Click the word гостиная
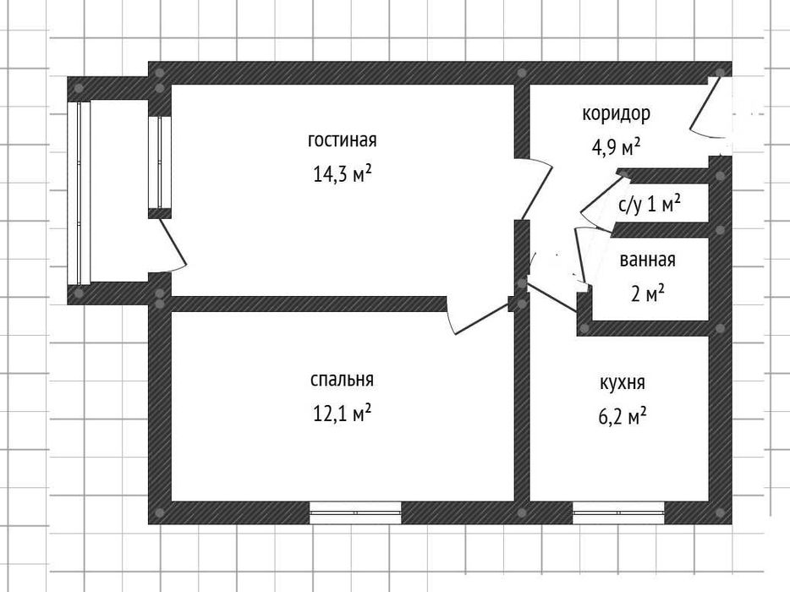coord(342,140)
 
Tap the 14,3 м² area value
coord(342,174)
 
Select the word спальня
coord(342,380)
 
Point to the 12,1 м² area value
coord(342,414)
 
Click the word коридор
coord(616,114)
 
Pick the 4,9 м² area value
coord(616,148)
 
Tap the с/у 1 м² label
coord(650,205)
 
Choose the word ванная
coord(647,260)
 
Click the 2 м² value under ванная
coord(647,293)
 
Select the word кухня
coord(623,383)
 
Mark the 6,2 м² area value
coord(623,417)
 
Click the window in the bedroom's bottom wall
coord(355,513)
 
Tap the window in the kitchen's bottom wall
coord(618,513)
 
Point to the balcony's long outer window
coord(80,193)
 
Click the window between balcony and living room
coord(160,162)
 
